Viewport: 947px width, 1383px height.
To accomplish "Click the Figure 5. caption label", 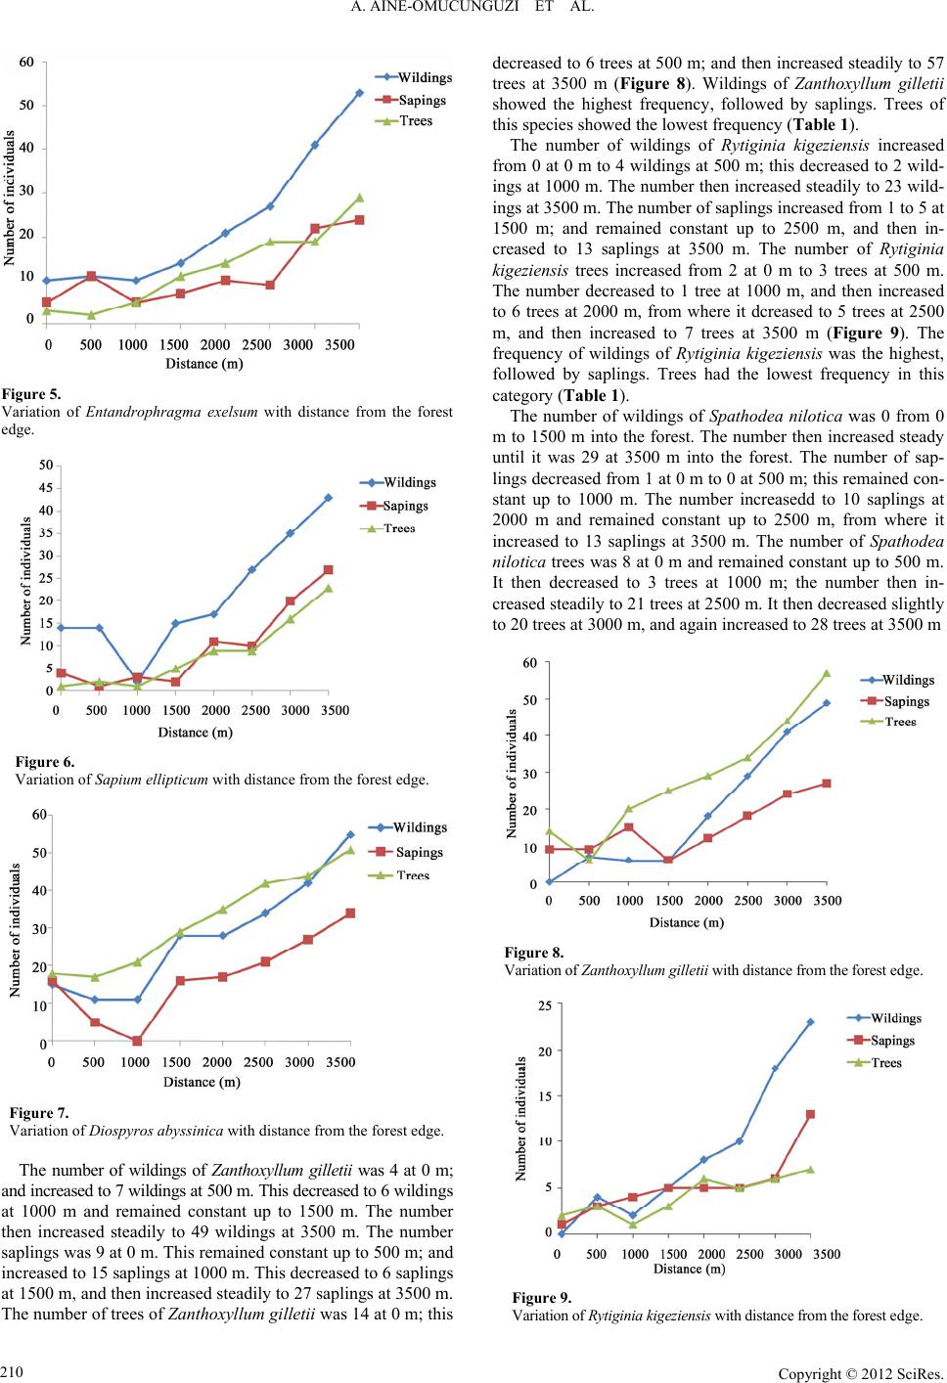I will (32, 394).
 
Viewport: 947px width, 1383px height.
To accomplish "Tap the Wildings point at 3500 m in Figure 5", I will (359, 93).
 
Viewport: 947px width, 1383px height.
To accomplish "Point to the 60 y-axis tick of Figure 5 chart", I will (26, 62).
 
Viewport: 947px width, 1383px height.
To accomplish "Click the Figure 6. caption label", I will (45, 762).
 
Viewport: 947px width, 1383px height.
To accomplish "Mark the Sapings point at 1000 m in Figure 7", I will (137, 1041).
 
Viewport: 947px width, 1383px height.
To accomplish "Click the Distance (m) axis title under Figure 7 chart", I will (202, 1082).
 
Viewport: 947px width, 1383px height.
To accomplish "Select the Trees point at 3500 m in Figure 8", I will (827, 673).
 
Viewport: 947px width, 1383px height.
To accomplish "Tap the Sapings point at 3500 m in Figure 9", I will (811, 1114).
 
